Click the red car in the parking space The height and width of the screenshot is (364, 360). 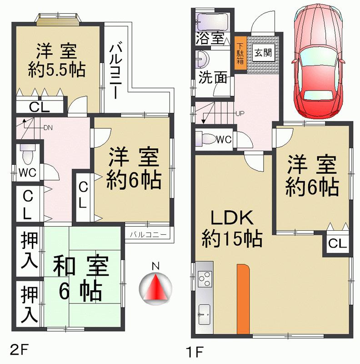coord(318,61)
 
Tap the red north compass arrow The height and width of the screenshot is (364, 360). coord(155,288)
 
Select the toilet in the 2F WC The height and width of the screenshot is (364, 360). coord(27,155)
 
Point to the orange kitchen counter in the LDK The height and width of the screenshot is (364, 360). coord(243,298)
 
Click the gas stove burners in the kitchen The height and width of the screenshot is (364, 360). coord(205,278)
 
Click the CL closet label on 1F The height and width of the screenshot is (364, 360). coord(337,244)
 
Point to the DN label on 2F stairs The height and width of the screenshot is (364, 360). coord(48,127)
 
